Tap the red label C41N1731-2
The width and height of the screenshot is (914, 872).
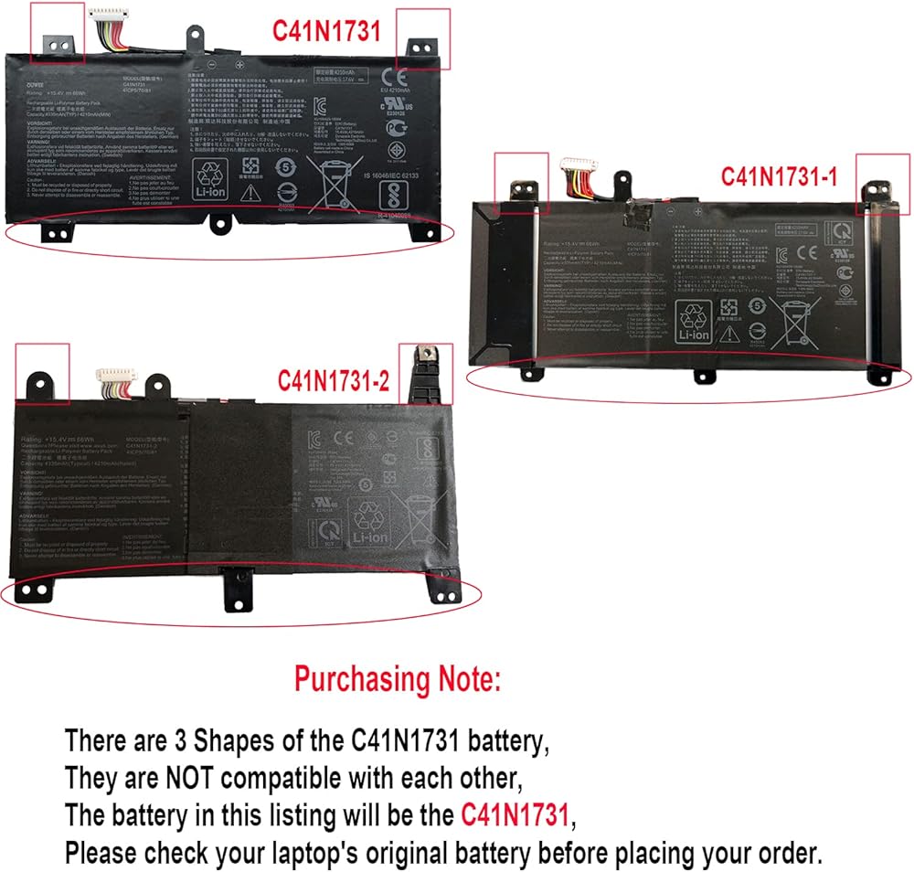(334, 380)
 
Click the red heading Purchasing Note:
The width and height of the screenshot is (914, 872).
(398, 679)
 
